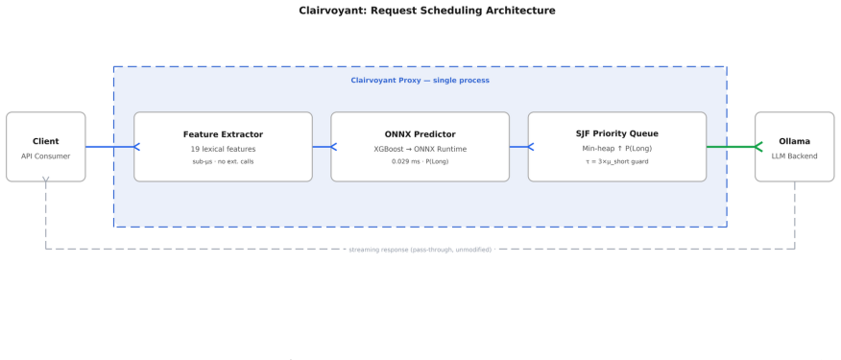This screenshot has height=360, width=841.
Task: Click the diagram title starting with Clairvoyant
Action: pos(427,11)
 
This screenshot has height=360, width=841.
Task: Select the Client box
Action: pos(45,147)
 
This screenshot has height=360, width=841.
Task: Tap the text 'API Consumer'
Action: pos(45,156)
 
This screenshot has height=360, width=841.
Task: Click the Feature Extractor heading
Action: pos(223,134)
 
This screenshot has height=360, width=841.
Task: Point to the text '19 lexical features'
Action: pos(223,149)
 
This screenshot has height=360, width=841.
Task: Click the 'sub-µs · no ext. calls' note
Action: pos(223,161)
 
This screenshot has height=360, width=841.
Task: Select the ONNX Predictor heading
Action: pos(420,134)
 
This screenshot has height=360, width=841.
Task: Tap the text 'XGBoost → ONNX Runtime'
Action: pos(420,149)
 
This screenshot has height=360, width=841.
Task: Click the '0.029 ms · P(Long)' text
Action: pos(420,161)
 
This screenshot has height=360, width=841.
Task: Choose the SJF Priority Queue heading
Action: pos(616,133)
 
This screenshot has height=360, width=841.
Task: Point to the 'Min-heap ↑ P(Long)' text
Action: pos(616,148)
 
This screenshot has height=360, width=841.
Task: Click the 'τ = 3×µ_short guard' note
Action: pos(616,161)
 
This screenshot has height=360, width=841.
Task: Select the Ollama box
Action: pos(794,147)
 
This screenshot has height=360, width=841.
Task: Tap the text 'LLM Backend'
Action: pos(794,156)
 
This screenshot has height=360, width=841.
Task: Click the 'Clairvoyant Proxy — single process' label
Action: pos(420,81)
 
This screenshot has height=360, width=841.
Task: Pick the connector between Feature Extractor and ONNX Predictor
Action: pos(322,147)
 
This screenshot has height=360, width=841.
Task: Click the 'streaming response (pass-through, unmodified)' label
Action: pos(420,250)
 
